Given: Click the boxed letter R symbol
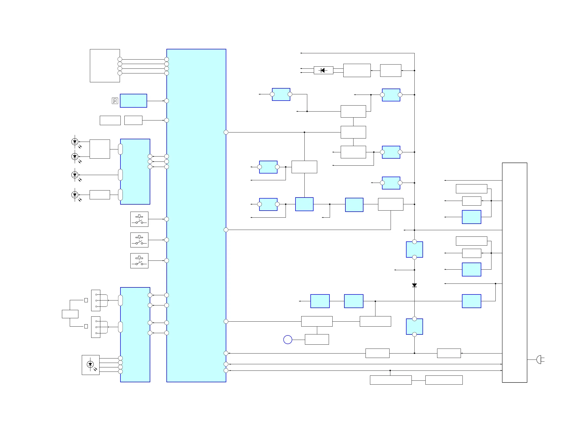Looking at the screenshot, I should point(115,101).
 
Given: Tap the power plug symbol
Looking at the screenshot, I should point(539,360).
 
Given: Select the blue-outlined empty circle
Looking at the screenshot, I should point(288,339).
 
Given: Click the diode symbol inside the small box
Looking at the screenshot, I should point(323,70).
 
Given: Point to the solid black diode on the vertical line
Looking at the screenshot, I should point(414,285).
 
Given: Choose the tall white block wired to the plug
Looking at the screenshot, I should point(514,272).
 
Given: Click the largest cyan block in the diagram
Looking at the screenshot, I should point(196,215).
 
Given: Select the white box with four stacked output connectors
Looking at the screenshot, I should point(105,66).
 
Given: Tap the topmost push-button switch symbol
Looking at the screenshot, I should point(139,219).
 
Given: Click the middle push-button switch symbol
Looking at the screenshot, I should point(139,240).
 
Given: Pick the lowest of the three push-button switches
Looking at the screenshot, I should point(139,261).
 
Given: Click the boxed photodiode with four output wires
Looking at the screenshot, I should point(90,365).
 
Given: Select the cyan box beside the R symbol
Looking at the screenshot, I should point(133,101).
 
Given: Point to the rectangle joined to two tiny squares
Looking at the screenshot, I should point(70,314).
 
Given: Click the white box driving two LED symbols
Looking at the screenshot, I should point(100,149).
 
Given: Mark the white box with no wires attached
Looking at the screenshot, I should point(110,120).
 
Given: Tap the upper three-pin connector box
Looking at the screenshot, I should point(96,300).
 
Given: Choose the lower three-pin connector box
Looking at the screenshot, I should point(96,327).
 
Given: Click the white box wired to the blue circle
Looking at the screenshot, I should point(317,339).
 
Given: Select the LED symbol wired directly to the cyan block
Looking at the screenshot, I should point(75,175).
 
